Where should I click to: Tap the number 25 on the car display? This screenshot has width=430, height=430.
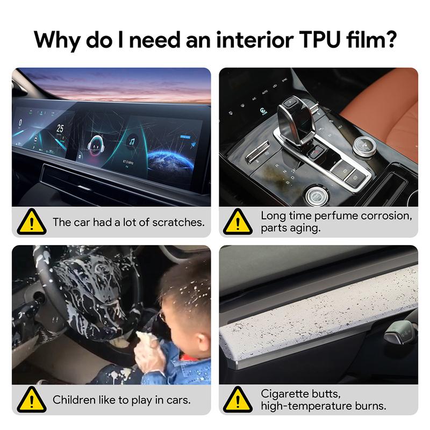click(60, 129)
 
